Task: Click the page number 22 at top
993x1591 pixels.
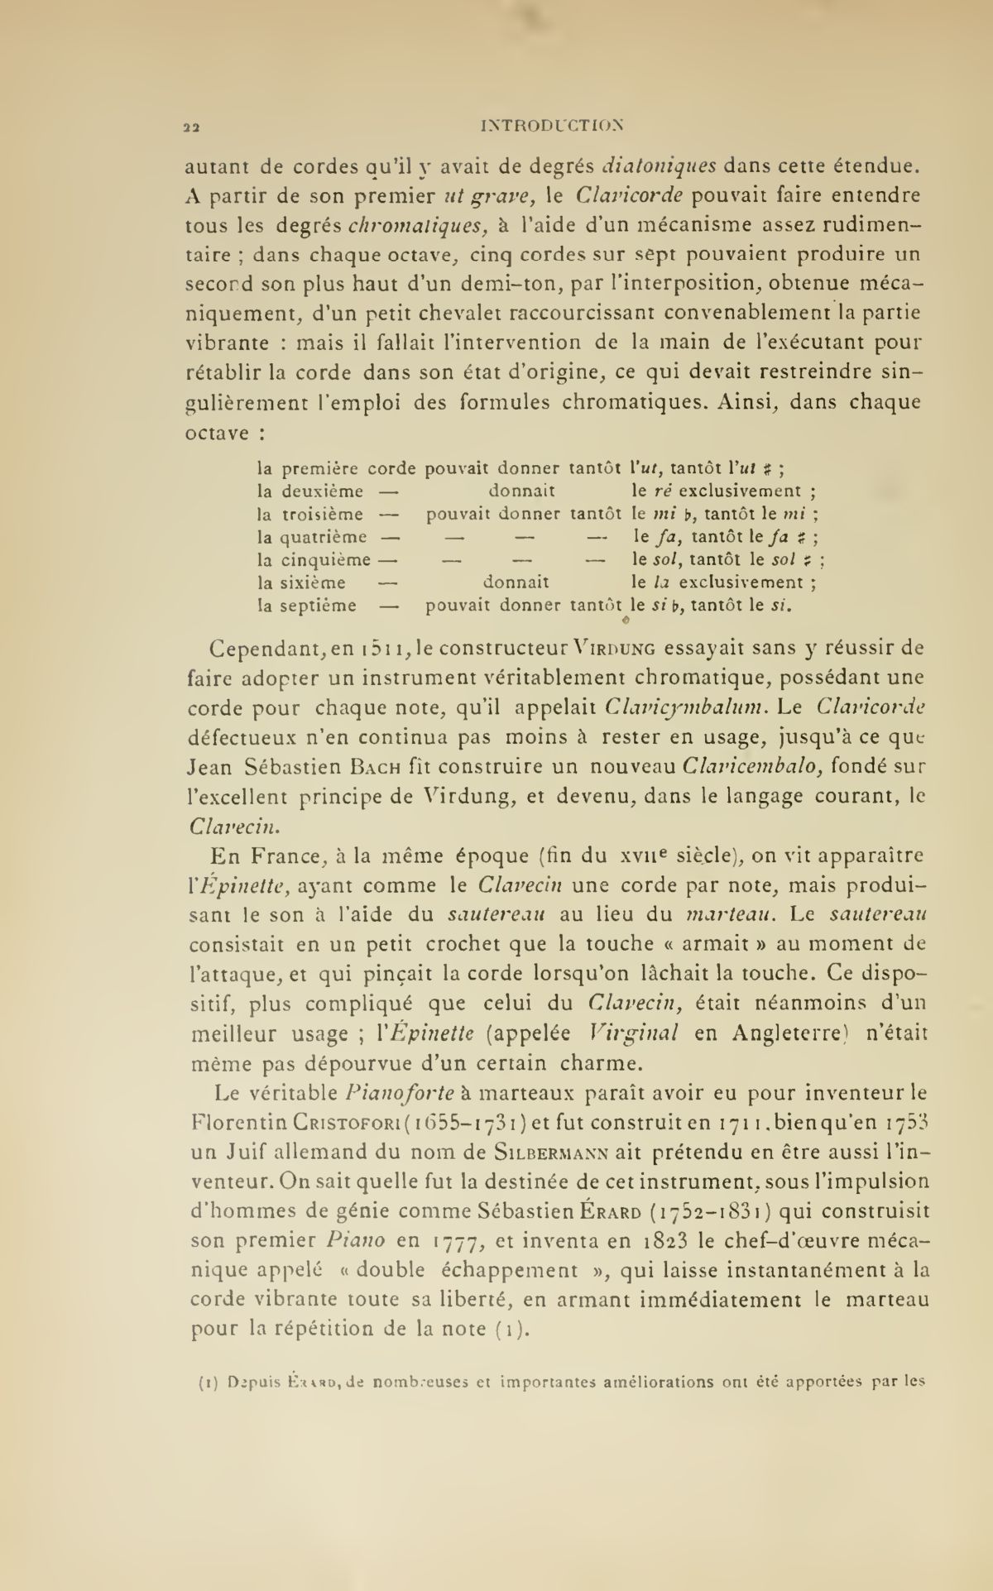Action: pyautogui.click(x=191, y=127)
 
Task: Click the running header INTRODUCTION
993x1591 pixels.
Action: pyautogui.click(x=551, y=126)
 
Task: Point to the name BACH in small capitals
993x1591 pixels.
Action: pyautogui.click(x=381, y=767)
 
